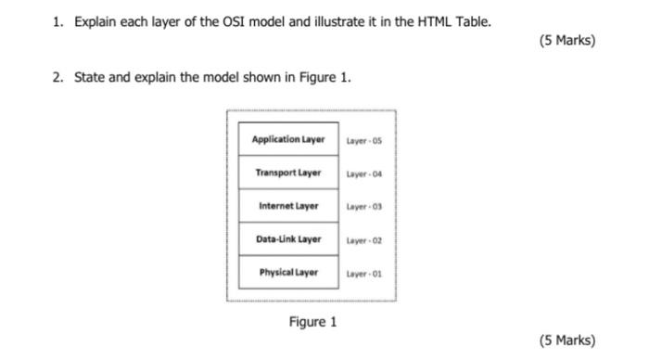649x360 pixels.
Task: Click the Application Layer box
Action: (288, 140)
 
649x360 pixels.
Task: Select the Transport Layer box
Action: (288, 174)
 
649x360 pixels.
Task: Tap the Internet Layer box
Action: (288, 206)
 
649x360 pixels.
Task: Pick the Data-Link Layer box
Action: (288, 239)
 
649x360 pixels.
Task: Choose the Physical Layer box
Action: (288, 273)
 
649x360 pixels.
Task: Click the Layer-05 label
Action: (363, 141)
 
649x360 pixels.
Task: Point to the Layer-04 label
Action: (363, 174)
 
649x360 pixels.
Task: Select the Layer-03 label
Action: (363, 207)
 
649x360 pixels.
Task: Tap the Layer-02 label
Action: (363, 240)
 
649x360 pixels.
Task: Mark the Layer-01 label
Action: (363, 274)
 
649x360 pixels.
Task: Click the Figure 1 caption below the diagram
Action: (312, 322)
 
